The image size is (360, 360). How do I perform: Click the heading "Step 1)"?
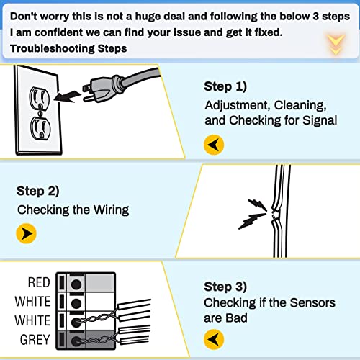225,86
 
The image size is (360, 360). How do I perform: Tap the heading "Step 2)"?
37,191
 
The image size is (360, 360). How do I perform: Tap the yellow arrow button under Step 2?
26,233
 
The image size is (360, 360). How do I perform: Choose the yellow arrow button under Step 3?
214,338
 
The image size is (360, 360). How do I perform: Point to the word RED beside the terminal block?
39,283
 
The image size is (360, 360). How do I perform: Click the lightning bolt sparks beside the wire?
254,213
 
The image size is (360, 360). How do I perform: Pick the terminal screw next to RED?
74,283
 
